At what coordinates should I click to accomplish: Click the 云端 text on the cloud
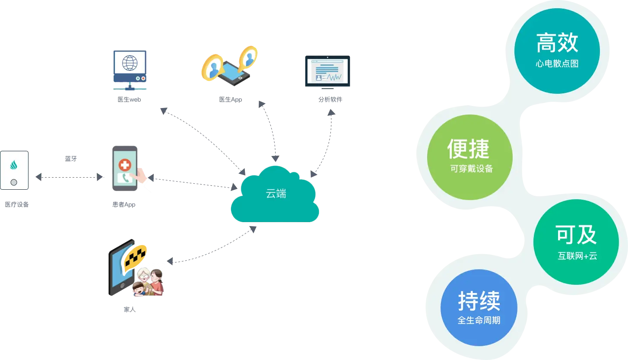(x=276, y=194)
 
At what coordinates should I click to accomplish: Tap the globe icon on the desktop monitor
(x=129, y=62)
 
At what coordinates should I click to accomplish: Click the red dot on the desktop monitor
(x=138, y=79)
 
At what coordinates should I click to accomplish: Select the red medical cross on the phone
(x=125, y=164)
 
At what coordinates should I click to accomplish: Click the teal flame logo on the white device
(x=14, y=165)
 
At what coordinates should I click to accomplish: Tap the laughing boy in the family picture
(x=138, y=289)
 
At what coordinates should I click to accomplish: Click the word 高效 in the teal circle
(x=557, y=43)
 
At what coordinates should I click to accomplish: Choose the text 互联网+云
(x=577, y=256)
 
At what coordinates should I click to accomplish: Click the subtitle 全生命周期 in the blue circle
(x=479, y=321)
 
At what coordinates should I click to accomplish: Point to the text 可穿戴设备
(x=472, y=169)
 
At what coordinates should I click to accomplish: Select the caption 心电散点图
(x=557, y=64)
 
